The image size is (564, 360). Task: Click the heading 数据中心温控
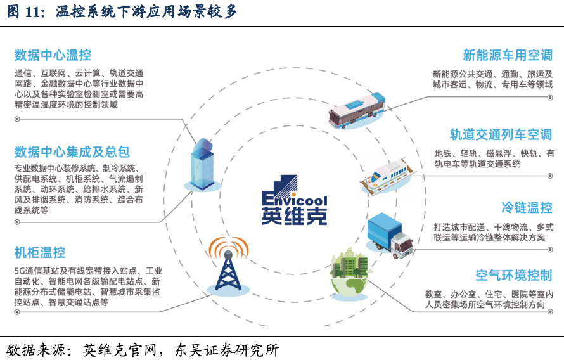click(53, 55)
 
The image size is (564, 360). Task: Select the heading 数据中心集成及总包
click(72, 151)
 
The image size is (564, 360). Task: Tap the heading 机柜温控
click(40, 252)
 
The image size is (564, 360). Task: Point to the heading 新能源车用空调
click(508, 55)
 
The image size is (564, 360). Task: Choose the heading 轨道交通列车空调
click(501, 134)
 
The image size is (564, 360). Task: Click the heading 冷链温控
click(527, 207)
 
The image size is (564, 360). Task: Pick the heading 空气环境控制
click(514, 275)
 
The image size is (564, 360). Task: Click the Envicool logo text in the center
click(294, 193)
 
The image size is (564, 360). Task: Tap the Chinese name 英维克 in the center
click(294, 214)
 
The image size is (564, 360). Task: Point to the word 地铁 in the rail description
click(442, 153)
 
